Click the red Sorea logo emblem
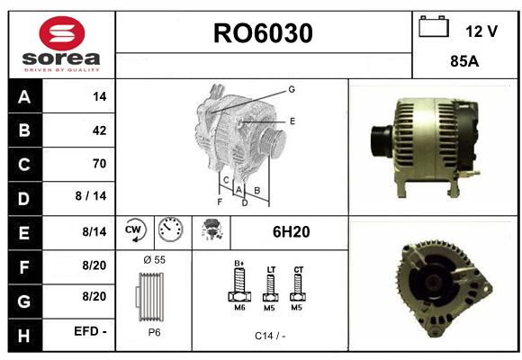[x=62, y=33]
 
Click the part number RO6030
[x=263, y=33]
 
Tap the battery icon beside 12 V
[x=434, y=27]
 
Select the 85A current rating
[x=464, y=61]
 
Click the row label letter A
[x=24, y=97]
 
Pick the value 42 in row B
[x=100, y=130]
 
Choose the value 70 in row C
[x=100, y=164]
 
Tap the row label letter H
[x=24, y=336]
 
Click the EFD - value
[x=90, y=331]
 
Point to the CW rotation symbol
[x=135, y=230]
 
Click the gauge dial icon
[x=170, y=229]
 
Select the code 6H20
[x=292, y=232]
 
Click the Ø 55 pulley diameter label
[x=155, y=260]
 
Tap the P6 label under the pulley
[x=155, y=332]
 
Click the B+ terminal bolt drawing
[x=239, y=284]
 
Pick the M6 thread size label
[x=239, y=308]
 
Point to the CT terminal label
[x=298, y=269]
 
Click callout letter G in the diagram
[x=292, y=89]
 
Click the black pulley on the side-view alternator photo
[x=382, y=141]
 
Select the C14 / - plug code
[x=270, y=336]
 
